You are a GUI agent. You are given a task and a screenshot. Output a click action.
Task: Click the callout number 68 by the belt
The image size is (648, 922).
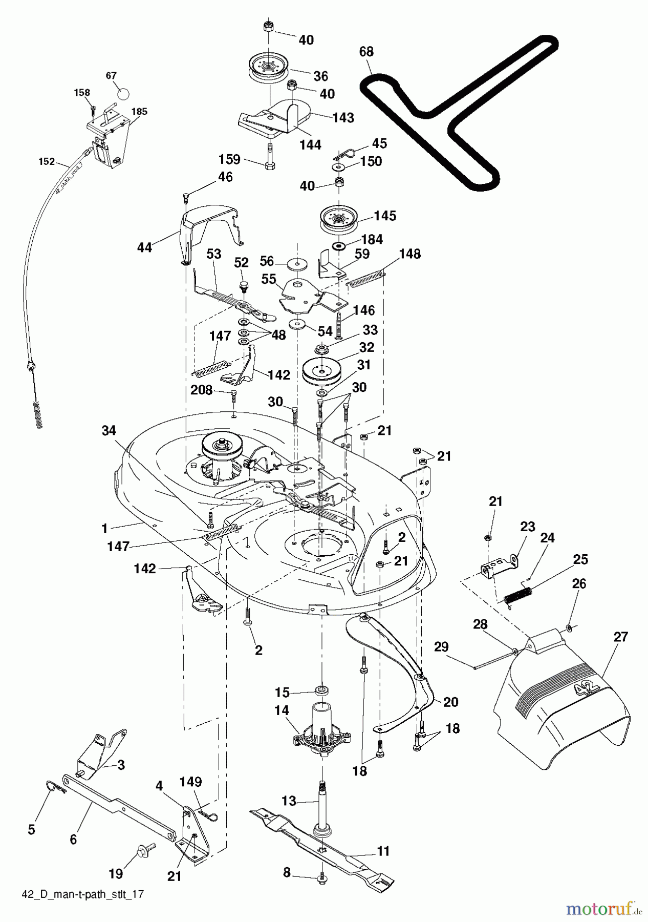366,52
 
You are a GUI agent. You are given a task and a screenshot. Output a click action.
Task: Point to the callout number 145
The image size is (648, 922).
384,216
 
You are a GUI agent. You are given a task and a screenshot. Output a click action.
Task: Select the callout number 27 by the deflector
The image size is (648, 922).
620,637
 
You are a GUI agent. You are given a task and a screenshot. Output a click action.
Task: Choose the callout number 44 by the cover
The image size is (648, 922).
145,247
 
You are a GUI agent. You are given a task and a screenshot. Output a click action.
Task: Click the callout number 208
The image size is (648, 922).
201,390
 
